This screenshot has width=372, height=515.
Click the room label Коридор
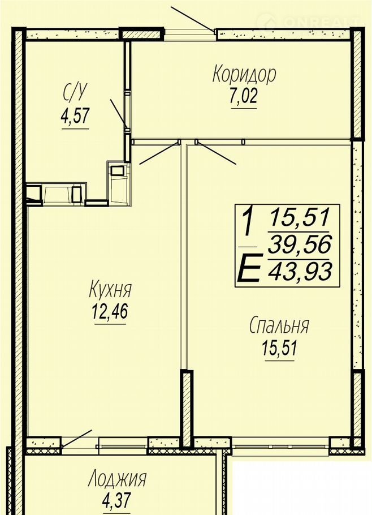(244, 75)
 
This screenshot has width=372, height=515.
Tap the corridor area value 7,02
(244, 97)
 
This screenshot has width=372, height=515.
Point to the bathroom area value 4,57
(75, 116)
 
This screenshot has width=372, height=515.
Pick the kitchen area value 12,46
(110, 311)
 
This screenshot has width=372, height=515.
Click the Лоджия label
(117, 479)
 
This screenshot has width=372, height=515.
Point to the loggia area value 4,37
(117, 500)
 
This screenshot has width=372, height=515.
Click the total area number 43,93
(300, 271)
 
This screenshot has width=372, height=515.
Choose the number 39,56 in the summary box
(300, 244)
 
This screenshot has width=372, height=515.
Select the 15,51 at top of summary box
(300, 217)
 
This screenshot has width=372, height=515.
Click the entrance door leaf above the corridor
(193, 19)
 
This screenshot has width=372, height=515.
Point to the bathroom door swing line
(119, 114)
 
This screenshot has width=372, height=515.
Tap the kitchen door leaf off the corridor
(159, 153)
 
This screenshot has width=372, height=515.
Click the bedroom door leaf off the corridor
(216, 153)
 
